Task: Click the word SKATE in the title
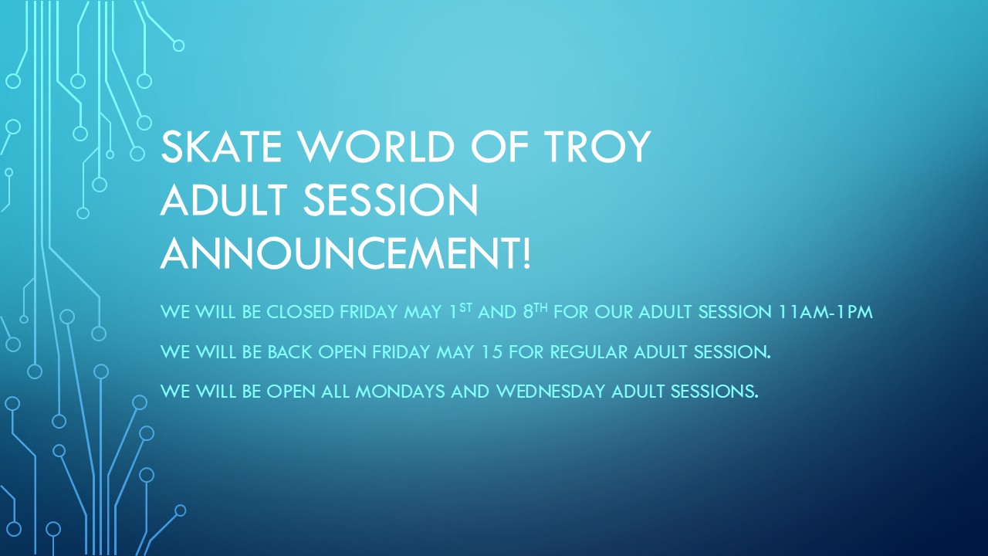point(222,146)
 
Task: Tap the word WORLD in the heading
point(377,146)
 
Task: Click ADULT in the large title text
point(224,200)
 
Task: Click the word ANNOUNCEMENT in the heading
point(340,254)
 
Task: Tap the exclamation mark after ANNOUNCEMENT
point(526,254)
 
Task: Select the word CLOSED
point(300,312)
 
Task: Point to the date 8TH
point(536,311)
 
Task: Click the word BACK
point(289,352)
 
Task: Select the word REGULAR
point(588,352)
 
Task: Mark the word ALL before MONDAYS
point(335,392)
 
